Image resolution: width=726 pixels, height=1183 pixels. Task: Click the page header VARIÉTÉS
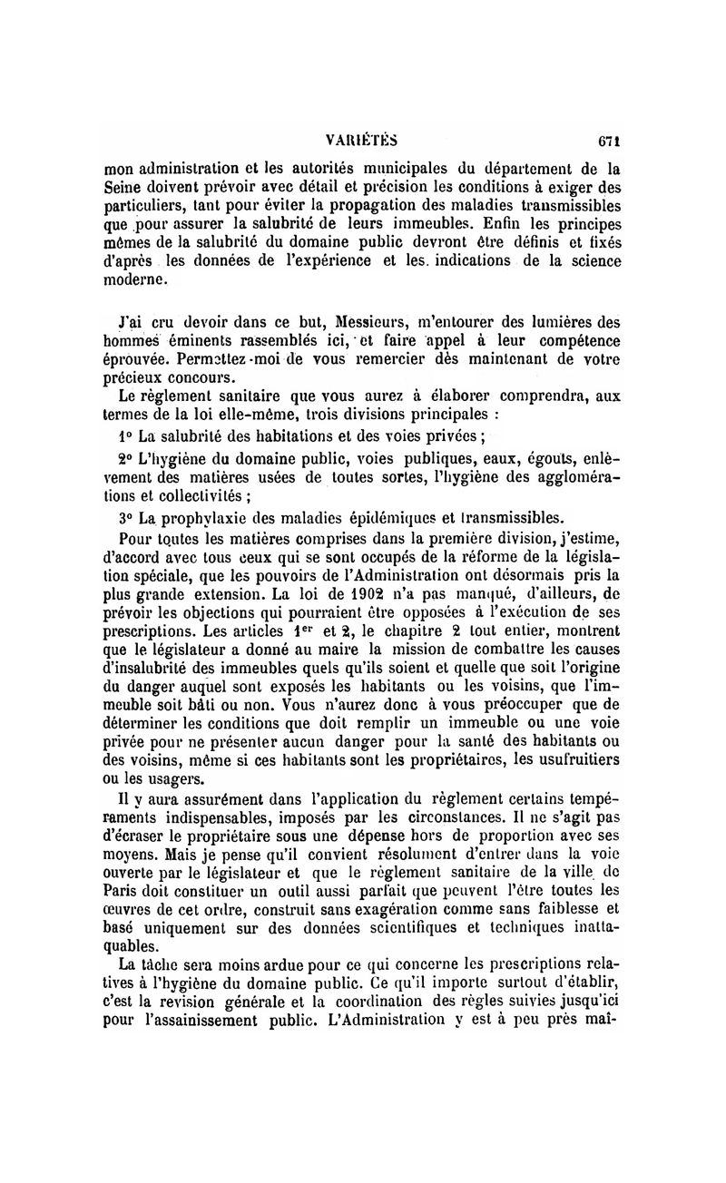362,141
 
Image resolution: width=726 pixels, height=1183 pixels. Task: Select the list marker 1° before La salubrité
126,435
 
